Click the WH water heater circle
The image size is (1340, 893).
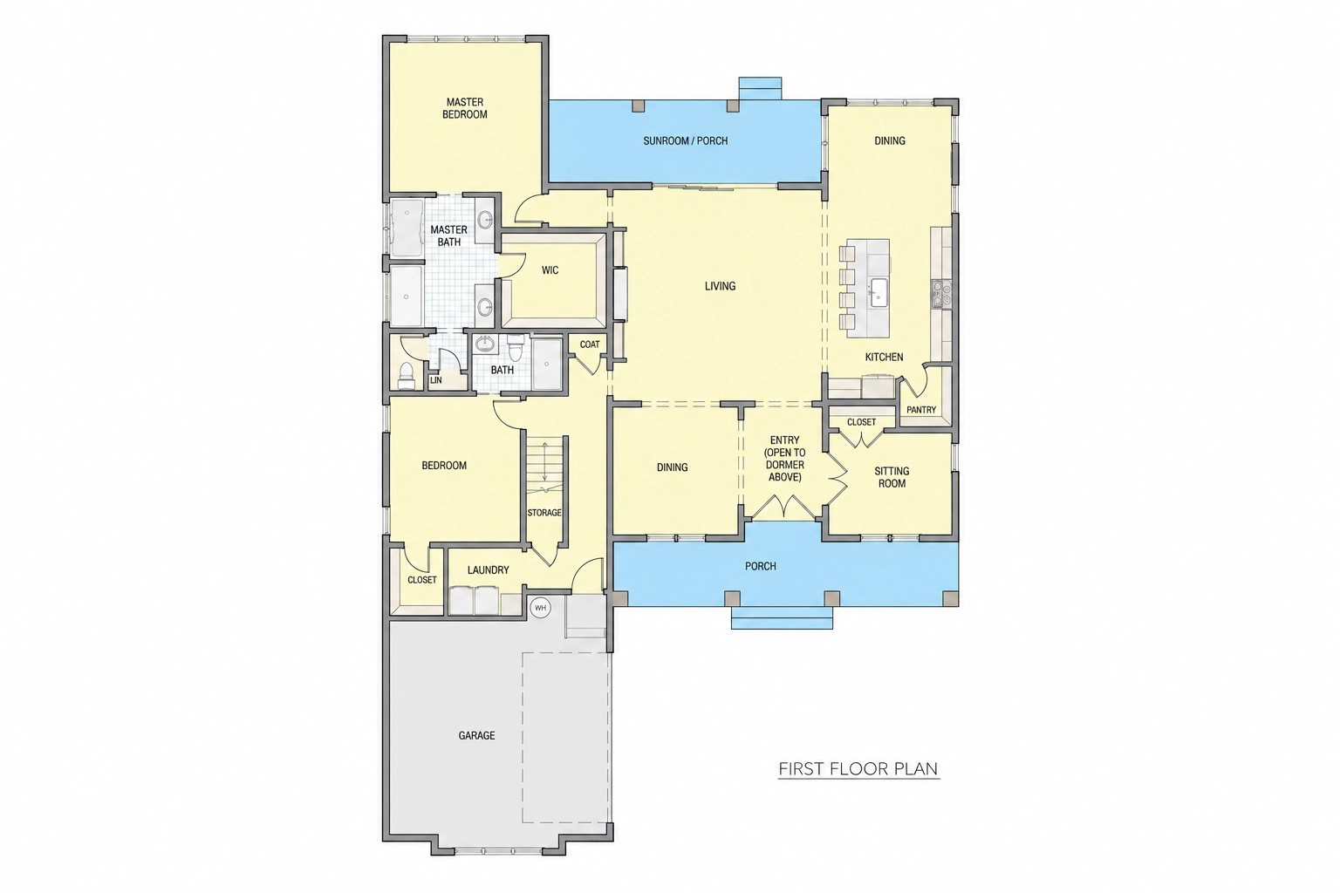pos(540,609)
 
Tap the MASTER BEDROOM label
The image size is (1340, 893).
pos(465,108)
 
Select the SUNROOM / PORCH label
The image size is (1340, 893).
pos(686,141)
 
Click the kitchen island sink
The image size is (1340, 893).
pos(879,292)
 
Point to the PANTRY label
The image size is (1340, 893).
pos(921,410)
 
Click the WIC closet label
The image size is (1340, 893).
pos(550,270)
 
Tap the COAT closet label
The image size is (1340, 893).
pos(589,344)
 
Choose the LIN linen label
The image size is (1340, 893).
pos(435,380)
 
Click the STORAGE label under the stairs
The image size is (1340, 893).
pos(544,513)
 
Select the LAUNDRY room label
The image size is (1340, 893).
pos(489,570)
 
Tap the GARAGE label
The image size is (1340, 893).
pos(477,736)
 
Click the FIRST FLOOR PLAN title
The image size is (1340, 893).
pos(858,768)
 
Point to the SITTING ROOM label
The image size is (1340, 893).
pos(892,477)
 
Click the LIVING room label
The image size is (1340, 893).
pos(720,287)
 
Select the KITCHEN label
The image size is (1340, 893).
pos(884,357)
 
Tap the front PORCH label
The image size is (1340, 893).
pos(761,566)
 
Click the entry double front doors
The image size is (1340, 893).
pos(783,508)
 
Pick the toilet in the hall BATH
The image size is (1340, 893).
pos(516,347)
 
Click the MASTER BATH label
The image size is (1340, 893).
pos(448,235)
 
